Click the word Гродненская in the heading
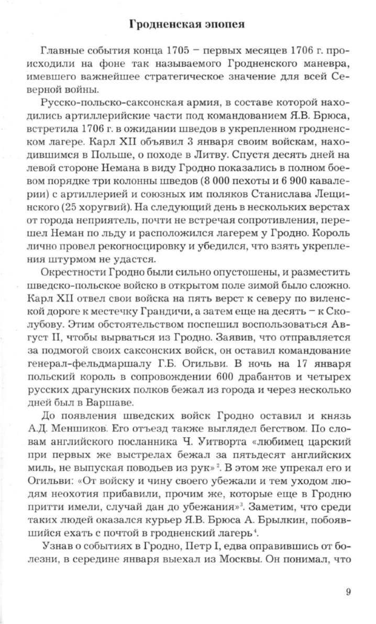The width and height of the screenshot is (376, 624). [x=162, y=24]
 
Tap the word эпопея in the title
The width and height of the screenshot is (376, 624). [x=221, y=24]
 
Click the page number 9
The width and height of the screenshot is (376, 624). [x=348, y=577]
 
